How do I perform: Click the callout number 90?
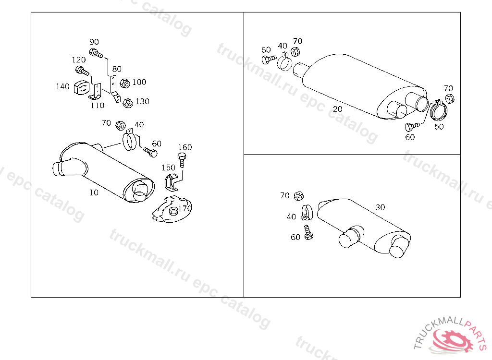94,42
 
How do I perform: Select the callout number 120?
79,60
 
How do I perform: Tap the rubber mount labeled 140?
81,87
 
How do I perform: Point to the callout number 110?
97,106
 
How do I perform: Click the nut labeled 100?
125,84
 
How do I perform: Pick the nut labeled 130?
128,103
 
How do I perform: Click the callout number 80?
117,69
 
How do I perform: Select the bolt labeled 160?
182,160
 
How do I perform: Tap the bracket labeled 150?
172,183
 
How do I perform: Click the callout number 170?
185,208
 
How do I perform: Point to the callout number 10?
94,192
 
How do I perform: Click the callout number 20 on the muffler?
337,109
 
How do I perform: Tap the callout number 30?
380,207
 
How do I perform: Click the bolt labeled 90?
96,53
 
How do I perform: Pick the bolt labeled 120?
82,71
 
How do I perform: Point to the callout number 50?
439,127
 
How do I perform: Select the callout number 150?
168,168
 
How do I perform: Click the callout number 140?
62,86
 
